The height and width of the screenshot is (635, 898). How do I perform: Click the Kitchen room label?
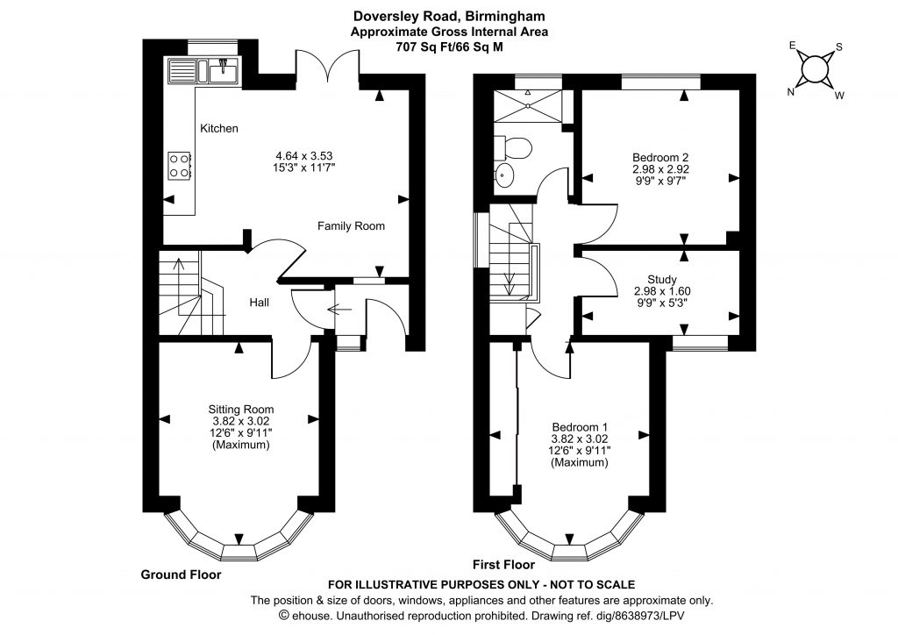pos(218,128)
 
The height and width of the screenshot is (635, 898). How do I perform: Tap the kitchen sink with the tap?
pos(224,71)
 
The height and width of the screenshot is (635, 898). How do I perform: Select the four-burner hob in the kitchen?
pos(179,165)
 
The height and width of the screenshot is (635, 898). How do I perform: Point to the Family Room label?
pos(351,226)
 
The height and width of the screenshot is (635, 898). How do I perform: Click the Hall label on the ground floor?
pos(259,303)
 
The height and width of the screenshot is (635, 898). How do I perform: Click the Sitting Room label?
pos(240,410)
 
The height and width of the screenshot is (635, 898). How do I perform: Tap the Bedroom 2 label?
pos(660,157)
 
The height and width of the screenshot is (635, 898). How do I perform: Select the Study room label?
pos(662,280)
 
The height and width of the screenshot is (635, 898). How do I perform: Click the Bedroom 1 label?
pos(580,427)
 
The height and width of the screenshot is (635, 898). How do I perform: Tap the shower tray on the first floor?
pos(528,105)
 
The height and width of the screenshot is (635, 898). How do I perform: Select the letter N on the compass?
pos(791,92)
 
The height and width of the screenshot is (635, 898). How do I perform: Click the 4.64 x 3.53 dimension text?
pos(304,156)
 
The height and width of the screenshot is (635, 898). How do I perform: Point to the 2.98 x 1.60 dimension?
pos(662,291)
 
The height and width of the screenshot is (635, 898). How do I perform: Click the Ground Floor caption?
pos(181,574)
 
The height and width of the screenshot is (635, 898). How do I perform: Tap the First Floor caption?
pos(504,565)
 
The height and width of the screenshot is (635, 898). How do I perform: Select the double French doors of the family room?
pos(328,65)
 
